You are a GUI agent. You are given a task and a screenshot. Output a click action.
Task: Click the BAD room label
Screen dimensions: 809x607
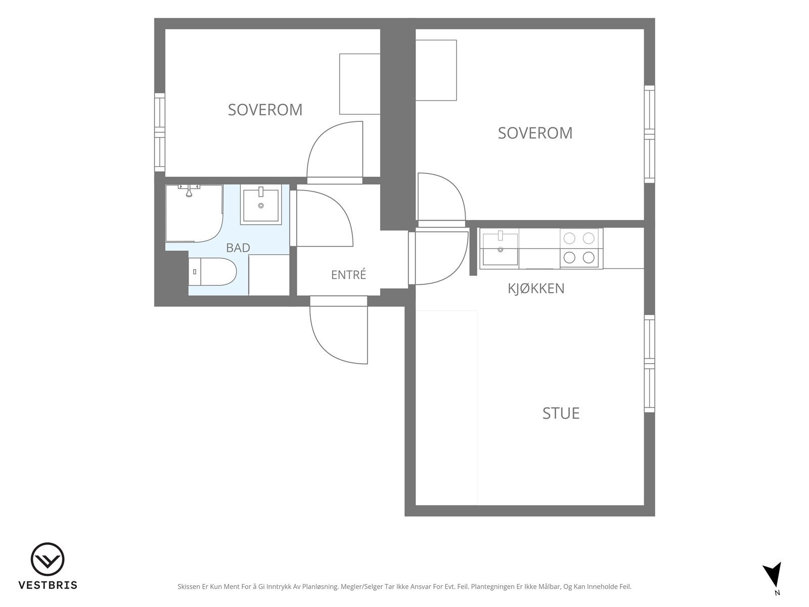click(x=238, y=248)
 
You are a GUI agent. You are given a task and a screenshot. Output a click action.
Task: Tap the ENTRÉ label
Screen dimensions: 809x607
click(x=348, y=275)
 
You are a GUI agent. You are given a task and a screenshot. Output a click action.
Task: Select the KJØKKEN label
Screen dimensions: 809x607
click(x=536, y=288)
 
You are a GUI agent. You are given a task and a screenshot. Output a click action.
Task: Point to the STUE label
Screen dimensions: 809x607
click(x=561, y=413)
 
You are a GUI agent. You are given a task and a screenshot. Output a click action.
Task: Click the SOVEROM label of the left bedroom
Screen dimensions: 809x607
click(x=265, y=110)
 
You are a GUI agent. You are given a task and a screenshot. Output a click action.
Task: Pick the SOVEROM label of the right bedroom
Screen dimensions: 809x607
click(x=535, y=133)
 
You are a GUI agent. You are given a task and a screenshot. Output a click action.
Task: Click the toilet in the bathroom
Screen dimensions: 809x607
click(x=212, y=272)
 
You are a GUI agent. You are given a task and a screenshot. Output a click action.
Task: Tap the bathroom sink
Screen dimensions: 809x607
click(x=261, y=204)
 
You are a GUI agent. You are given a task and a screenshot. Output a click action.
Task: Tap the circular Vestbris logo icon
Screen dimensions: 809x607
click(x=48, y=559)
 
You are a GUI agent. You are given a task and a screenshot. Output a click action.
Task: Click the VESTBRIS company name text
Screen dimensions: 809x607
click(x=48, y=585)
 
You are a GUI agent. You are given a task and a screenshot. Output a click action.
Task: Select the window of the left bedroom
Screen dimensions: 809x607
click(x=160, y=132)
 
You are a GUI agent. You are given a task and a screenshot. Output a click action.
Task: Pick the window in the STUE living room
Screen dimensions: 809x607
click(x=649, y=363)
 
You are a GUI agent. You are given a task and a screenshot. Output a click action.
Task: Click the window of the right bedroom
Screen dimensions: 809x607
click(x=649, y=134)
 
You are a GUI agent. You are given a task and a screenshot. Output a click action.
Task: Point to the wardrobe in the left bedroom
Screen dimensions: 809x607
click(x=359, y=84)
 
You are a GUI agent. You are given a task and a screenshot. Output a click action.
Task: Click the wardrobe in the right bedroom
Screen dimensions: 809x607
click(x=436, y=70)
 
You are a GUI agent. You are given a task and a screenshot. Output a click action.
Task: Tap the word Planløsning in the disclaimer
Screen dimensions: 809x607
click(x=320, y=587)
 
